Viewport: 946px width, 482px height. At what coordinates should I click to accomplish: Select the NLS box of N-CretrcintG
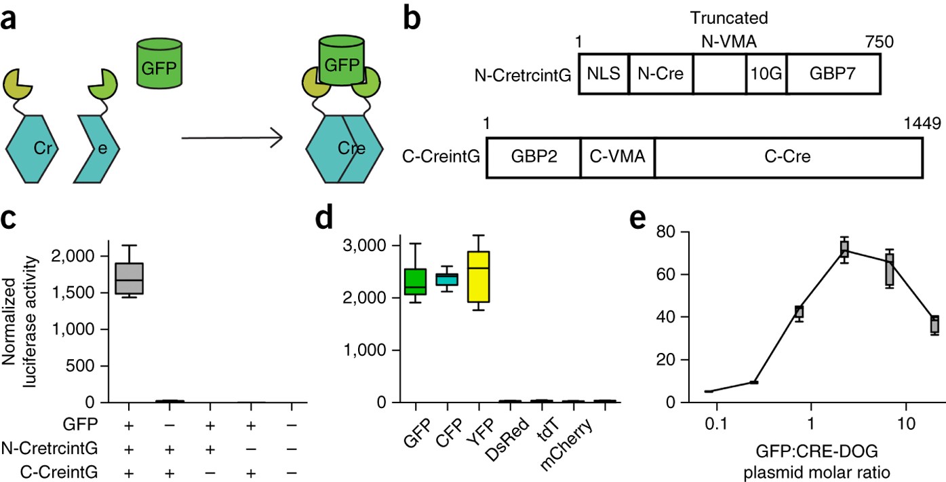point(604,75)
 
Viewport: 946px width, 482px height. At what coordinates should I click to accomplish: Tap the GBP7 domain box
point(833,75)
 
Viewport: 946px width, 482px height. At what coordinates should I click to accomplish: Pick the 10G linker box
point(766,75)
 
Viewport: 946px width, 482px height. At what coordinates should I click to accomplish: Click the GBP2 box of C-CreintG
point(533,158)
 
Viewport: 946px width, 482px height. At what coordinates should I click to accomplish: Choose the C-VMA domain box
point(618,158)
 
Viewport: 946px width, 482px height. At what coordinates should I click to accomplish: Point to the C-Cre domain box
point(788,158)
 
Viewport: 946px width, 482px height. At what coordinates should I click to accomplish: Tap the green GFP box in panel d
point(415,281)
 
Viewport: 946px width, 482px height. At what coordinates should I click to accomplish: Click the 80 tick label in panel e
point(648,232)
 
